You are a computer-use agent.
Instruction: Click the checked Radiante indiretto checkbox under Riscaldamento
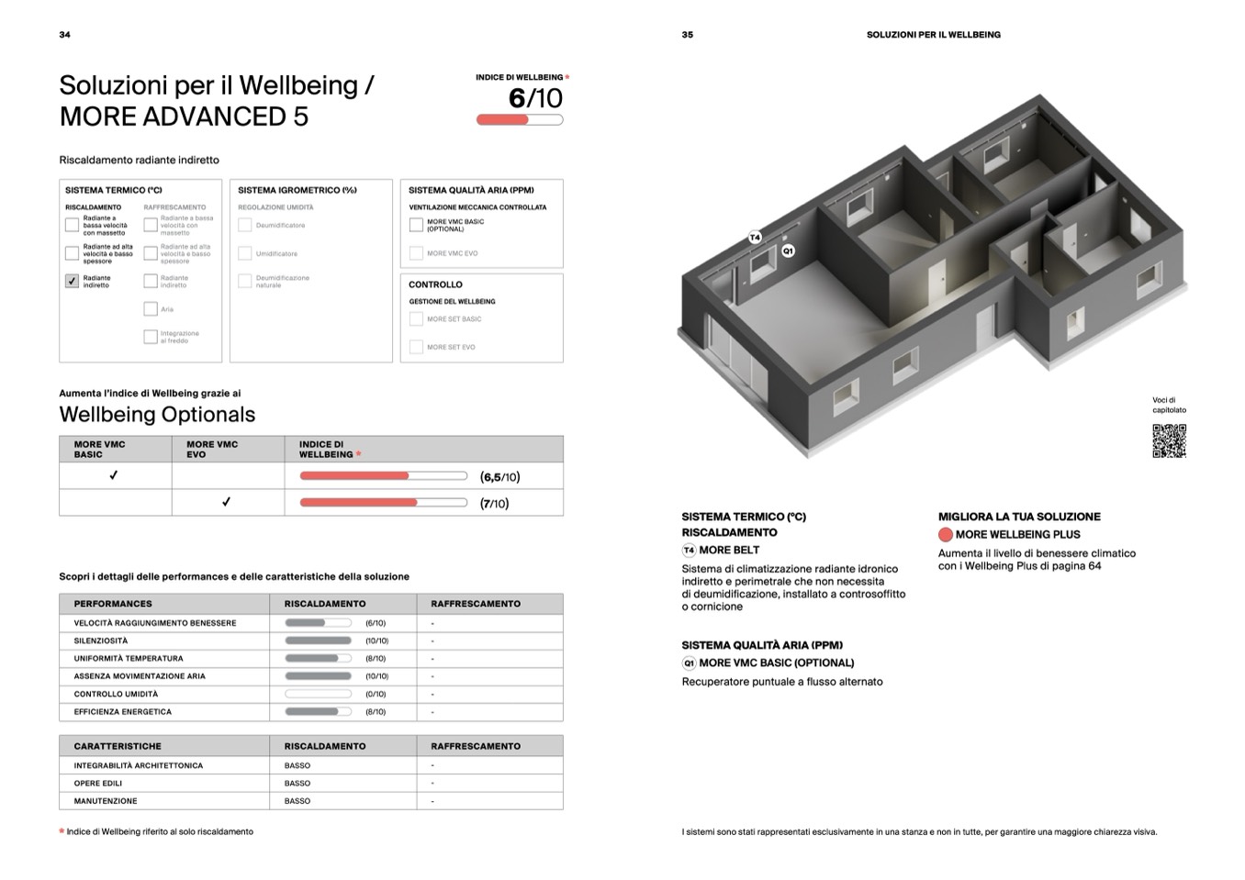72,281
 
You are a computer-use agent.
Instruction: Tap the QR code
1169,440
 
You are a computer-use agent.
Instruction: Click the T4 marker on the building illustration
755,238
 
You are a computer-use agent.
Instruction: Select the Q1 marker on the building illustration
788,251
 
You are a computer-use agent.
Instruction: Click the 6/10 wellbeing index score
535,98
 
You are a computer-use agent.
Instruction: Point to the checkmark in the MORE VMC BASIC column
114,475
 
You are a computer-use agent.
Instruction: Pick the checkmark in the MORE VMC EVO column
226,502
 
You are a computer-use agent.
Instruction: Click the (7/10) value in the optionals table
494,503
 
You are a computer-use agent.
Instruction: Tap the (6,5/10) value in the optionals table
499,477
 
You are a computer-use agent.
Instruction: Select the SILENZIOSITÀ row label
101,641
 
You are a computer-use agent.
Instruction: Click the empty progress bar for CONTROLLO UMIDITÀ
318,694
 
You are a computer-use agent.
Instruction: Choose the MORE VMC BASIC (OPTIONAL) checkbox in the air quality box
416,225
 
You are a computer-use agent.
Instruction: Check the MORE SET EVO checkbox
416,347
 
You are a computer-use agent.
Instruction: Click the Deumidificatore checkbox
245,225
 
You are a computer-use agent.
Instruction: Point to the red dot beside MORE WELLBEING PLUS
945,535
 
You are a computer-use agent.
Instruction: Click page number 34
64,35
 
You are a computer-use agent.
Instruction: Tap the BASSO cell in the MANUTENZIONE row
297,801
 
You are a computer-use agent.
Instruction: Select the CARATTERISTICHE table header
118,746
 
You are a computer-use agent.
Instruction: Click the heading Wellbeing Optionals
157,415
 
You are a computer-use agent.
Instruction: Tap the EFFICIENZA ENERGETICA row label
123,711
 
